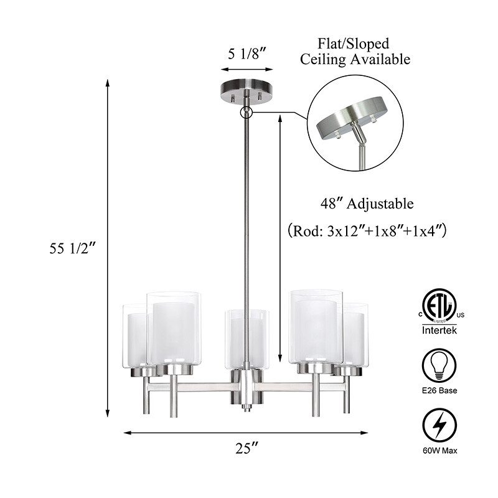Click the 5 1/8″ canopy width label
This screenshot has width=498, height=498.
[247, 54]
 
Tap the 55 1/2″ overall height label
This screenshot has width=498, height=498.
[72, 248]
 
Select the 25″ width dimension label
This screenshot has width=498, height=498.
[247, 448]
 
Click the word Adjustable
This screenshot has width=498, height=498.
[380, 204]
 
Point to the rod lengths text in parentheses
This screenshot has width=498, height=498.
[367, 230]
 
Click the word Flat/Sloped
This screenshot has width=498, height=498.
[354, 44]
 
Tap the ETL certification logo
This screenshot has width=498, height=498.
[439, 306]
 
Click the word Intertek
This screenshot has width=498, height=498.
[439, 331]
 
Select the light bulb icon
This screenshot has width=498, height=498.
[439, 365]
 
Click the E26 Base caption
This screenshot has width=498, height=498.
[439, 390]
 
